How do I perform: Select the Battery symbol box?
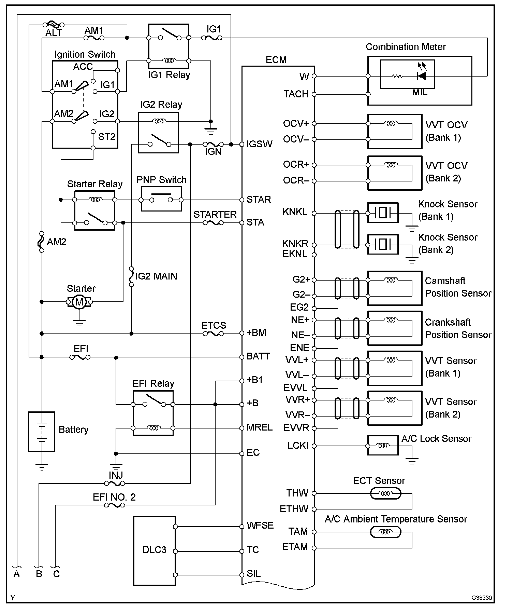click(x=41, y=432)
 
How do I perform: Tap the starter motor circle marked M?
click(x=79, y=302)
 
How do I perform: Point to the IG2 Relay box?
click(x=158, y=133)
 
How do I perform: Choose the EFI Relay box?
click(x=153, y=413)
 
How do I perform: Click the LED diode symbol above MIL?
click(x=422, y=76)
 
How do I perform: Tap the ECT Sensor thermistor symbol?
click(x=385, y=493)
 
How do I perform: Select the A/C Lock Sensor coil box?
click(x=383, y=445)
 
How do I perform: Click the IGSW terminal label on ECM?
click(x=260, y=144)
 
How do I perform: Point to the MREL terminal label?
click(x=260, y=427)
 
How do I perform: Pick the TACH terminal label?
click(x=296, y=94)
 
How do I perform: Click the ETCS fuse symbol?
click(x=213, y=333)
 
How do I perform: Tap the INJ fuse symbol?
click(x=115, y=483)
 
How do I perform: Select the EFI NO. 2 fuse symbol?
click(x=115, y=505)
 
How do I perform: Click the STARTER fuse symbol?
click(x=213, y=223)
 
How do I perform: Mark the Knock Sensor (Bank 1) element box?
click(x=383, y=213)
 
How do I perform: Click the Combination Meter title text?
click(x=406, y=47)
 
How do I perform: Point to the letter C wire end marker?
click(x=57, y=574)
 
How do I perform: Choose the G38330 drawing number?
click(x=482, y=598)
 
